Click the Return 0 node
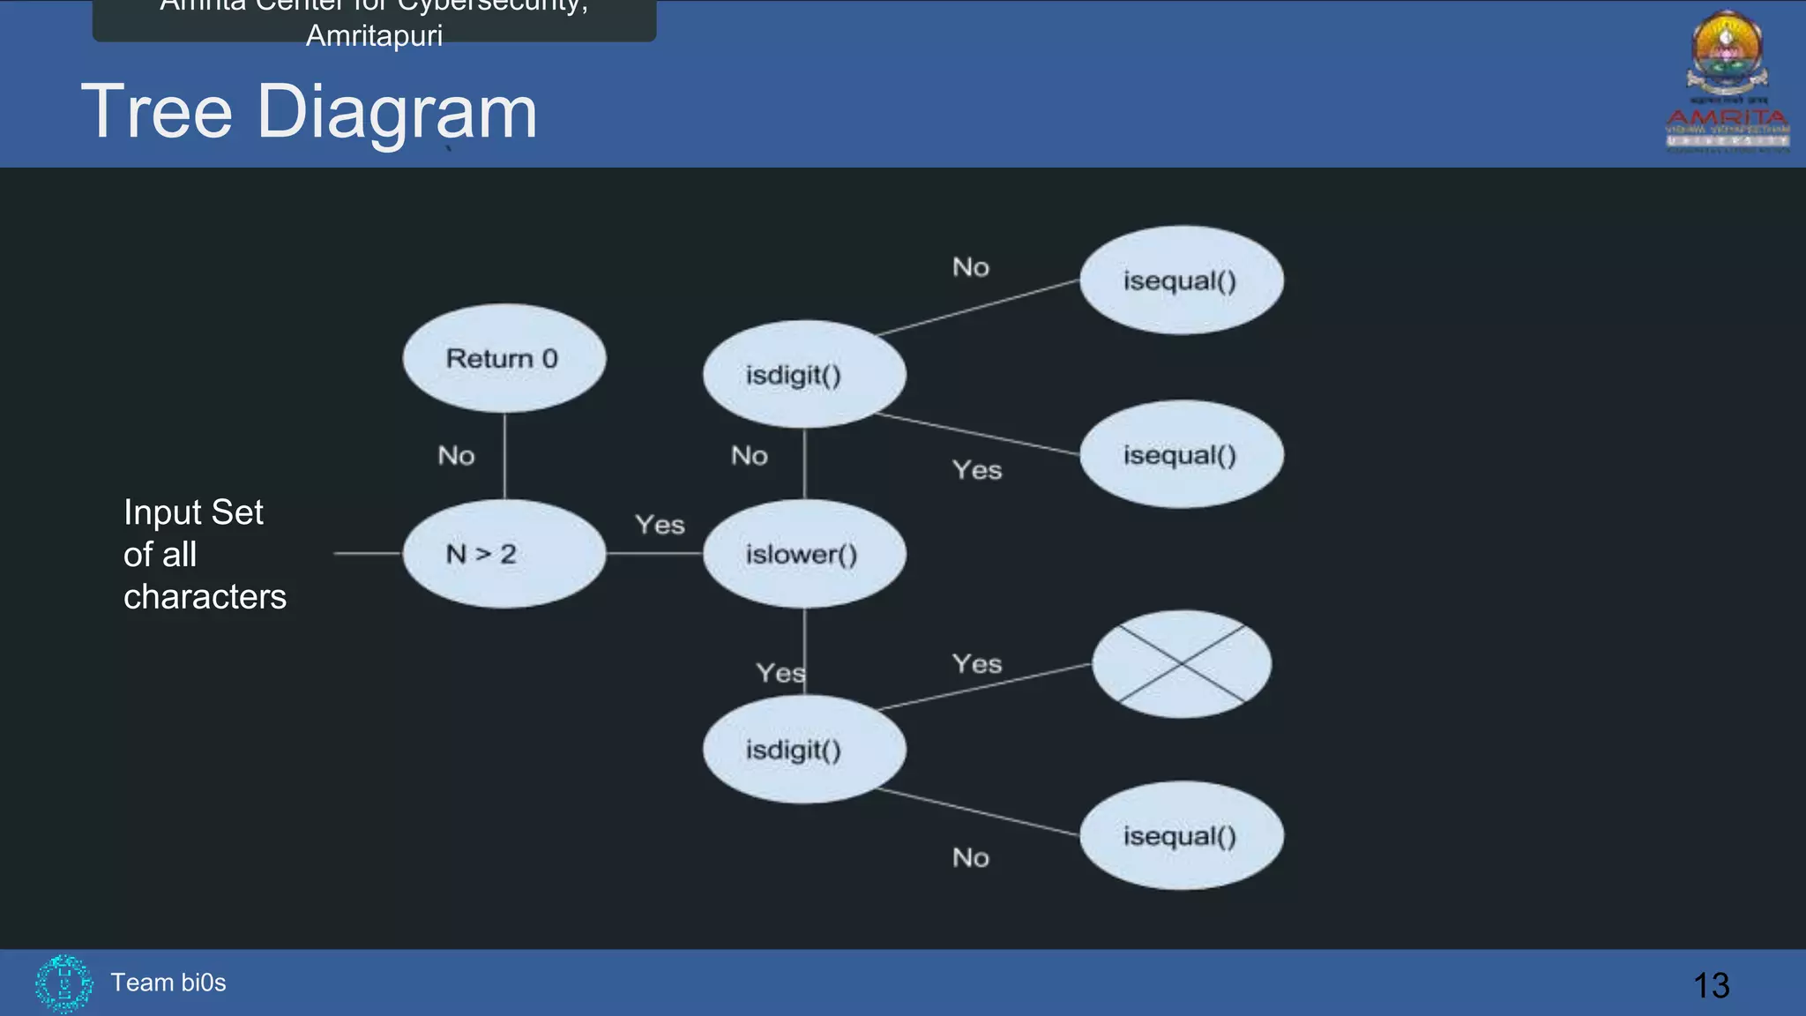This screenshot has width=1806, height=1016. [504, 358]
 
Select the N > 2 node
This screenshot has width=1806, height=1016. [504, 554]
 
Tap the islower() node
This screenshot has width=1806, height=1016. [803, 554]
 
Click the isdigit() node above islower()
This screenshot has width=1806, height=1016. [803, 375]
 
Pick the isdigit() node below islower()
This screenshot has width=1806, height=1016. [803, 750]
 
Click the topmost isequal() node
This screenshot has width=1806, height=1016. [1181, 280]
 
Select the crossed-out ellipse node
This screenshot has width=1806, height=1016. [1181, 664]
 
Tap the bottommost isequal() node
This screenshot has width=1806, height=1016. [1181, 835]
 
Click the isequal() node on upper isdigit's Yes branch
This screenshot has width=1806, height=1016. [1181, 455]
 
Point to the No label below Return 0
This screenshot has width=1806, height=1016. [456, 456]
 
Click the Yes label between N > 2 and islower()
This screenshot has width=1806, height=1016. [660, 525]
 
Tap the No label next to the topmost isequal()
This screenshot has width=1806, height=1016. [970, 267]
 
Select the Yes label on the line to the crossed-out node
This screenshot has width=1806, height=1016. [976, 663]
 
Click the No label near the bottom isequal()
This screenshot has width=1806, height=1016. [970, 857]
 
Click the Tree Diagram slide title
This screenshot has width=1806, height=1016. [309, 112]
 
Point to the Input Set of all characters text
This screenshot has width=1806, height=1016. [205, 555]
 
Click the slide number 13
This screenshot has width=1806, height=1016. [1711, 985]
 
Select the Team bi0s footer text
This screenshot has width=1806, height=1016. [168, 982]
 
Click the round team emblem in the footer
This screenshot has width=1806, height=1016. [63, 982]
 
